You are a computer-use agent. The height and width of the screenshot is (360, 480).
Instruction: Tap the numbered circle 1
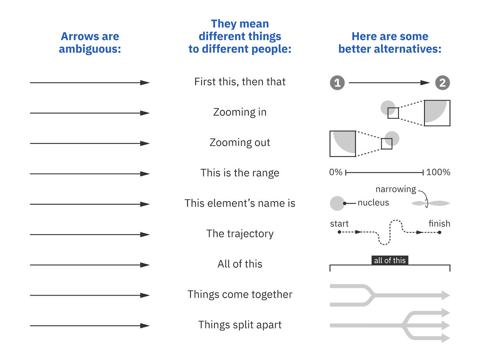pos(337,83)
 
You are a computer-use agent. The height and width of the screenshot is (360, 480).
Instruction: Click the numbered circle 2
pos(442,83)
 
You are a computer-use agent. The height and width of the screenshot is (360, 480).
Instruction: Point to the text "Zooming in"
pos(240,112)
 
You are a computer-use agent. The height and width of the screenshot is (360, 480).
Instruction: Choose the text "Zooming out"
pos(240,143)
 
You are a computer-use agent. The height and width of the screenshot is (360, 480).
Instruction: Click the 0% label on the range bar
pos(336,172)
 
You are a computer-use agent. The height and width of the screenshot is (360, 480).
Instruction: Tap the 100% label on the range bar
pos(438,172)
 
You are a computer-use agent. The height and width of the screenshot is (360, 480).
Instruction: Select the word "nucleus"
pos(373,203)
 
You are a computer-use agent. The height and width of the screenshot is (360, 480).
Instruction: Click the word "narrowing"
pos(396,189)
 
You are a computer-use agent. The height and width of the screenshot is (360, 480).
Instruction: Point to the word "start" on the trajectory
pos(339,224)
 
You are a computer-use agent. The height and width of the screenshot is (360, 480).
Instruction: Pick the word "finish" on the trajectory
pos(439,224)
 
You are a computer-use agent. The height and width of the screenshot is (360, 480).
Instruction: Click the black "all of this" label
pos(390,260)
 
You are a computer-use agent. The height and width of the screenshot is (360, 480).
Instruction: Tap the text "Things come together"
pos(240,295)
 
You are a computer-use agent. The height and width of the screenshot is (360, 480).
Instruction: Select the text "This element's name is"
pos(240,203)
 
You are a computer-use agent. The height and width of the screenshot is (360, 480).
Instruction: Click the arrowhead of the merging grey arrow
pos(446,296)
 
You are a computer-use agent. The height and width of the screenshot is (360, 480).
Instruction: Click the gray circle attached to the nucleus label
pos(337,203)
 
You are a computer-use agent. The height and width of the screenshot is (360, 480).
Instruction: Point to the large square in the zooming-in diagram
pos(437,113)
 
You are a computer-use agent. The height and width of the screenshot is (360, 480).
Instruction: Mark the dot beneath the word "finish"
pos(439,232)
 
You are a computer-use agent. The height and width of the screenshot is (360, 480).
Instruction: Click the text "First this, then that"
pos(240,82)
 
